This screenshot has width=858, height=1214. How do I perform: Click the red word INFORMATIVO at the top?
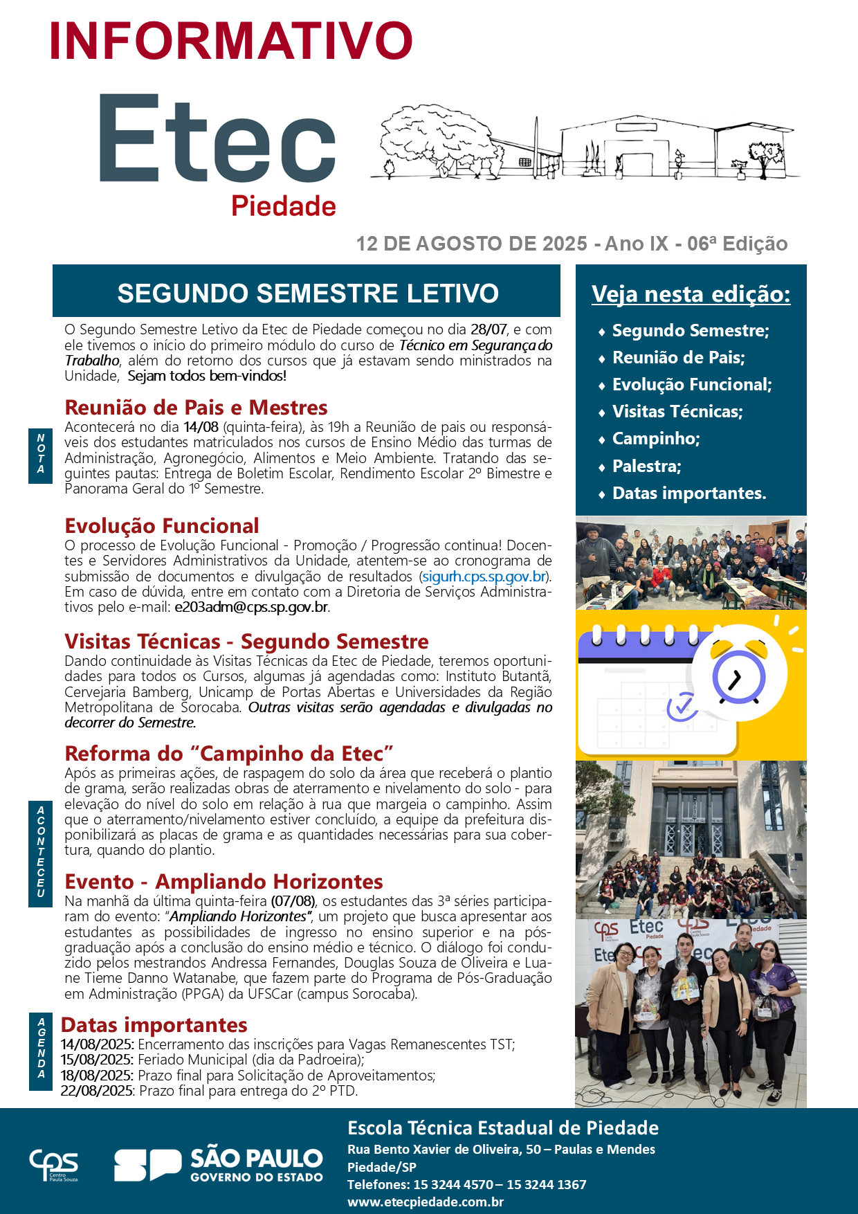click(231, 40)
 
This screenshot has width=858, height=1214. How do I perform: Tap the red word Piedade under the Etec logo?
click(283, 206)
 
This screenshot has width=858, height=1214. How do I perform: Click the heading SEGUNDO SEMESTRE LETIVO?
click(308, 293)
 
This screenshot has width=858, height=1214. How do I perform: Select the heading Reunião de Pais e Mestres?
click(196, 407)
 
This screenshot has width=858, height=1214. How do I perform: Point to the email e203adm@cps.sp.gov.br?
click(251, 607)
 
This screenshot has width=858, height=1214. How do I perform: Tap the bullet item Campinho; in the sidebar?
click(655, 439)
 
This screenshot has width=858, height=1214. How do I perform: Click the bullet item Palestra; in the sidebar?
click(646, 466)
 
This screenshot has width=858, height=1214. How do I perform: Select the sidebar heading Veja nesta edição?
click(691, 294)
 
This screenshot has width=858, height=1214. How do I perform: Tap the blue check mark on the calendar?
click(682, 706)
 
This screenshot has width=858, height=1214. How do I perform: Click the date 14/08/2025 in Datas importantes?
click(97, 1044)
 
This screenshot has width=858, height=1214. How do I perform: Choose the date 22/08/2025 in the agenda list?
click(97, 1091)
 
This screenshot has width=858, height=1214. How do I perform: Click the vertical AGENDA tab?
click(41, 1049)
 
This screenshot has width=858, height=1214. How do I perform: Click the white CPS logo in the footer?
click(53, 1165)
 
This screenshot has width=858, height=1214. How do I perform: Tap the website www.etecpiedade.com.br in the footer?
click(425, 1202)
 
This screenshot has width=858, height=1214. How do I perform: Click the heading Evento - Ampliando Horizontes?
click(223, 881)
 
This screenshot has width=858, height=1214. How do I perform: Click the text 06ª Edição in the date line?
click(737, 244)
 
